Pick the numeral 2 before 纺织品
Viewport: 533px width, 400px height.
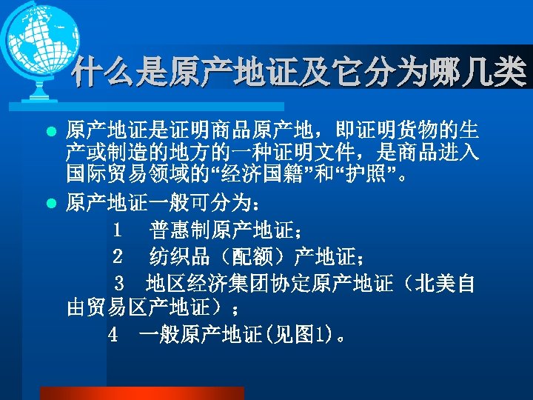point(118,257)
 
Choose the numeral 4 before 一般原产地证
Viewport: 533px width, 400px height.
point(113,334)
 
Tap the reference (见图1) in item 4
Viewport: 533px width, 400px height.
point(297,334)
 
